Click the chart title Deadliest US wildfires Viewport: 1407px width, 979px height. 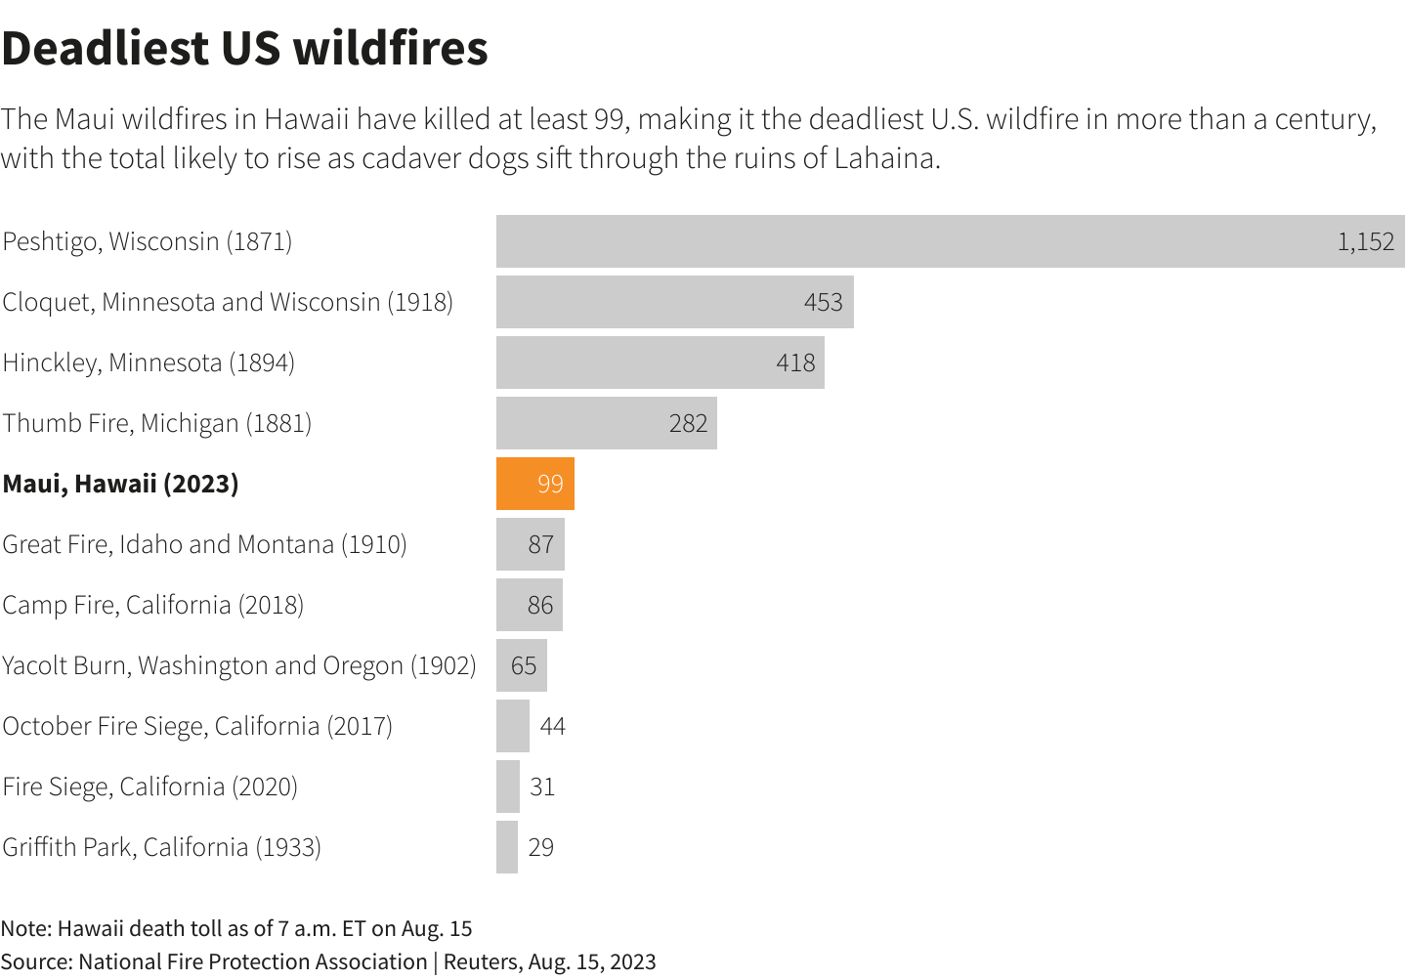[x=244, y=49]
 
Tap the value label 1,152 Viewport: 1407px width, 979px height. [x=1365, y=241]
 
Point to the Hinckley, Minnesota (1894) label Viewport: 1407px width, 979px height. [x=149, y=362]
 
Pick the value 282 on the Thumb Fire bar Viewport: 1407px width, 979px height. [x=688, y=423]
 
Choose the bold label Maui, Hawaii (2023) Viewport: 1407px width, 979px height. [x=120, y=484]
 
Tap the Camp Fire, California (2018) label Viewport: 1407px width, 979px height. [x=152, y=605]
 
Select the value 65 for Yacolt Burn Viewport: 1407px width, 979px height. [x=524, y=665]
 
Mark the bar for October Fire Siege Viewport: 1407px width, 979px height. [x=513, y=726]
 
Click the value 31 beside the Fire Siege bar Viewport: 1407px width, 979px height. [x=542, y=787]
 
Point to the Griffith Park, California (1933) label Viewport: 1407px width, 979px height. [x=161, y=847]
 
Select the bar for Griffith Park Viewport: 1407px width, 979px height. [x=507, y=847]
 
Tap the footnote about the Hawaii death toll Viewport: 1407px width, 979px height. [x=235, y=928]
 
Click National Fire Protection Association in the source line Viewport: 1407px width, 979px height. [x=252, y=961]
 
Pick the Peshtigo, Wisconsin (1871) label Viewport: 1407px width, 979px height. [x=147, y=241]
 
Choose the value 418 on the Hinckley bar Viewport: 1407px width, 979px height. [x=795, y=362]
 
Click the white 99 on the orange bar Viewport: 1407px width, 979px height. [x=550, y=484]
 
